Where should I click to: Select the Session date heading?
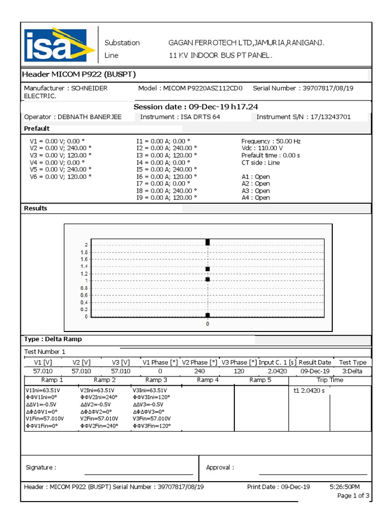point(196,107)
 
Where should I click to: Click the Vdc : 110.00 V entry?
point(262,148)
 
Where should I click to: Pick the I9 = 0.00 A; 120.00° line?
point(166,198)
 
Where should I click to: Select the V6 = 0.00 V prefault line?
point(60,176)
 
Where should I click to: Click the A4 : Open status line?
point(255,198)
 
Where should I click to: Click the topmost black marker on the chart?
point(208,242)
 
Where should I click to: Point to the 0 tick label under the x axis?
point(208,324)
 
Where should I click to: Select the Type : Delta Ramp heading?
point(53,339)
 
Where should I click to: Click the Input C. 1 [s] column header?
point(277,362)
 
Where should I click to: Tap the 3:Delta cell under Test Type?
point(352,371)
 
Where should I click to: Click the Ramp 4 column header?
point(208,380)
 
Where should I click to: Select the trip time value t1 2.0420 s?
point(309,391)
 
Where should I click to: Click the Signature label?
point(41,467)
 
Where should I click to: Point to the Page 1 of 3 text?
point(353,496)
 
